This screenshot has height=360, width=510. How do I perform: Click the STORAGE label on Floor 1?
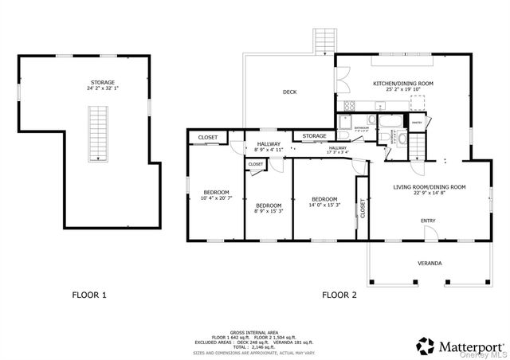[101, 82]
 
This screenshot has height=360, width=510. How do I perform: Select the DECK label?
[289, 92]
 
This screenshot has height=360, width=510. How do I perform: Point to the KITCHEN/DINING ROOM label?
[403, 84]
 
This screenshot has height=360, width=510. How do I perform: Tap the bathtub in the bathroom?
[390, 122]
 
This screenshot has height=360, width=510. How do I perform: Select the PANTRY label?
[415, 122]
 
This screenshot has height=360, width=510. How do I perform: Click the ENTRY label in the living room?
[428, 221]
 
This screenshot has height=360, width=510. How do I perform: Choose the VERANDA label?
[430, 263]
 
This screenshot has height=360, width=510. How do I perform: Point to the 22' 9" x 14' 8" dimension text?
[429, 194]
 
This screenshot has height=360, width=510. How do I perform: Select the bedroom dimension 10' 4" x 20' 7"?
[216, 198]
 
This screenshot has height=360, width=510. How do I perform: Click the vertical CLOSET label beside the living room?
[363, 209]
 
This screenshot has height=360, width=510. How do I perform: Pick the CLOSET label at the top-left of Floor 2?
[207, 138]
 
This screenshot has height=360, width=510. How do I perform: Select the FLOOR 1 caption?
[89, 295]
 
